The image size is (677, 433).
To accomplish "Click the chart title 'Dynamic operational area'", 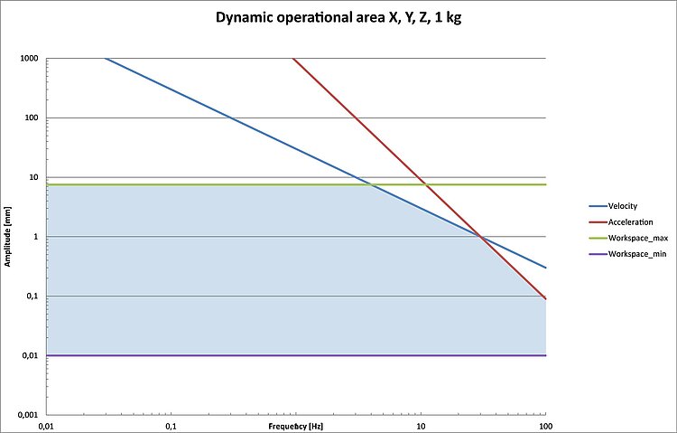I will coord(338,17).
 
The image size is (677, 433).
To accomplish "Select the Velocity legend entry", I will coord(622,206).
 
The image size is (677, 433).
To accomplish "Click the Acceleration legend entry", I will coord(629,221).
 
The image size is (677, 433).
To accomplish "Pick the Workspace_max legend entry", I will coord(634,238).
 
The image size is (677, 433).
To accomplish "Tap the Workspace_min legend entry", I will coord(633,254).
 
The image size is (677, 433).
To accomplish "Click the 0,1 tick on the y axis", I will coord(34,297).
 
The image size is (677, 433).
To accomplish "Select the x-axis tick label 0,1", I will coord(171,424).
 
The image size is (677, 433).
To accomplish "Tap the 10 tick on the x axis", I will coord(421,424).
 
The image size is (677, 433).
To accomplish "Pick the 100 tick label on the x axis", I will coord(544,424).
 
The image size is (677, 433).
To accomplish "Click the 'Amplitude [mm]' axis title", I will coord(7,237).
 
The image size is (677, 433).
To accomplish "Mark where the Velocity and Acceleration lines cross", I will coord(480,237).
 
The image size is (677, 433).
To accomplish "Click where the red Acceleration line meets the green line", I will coord(426,184).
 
